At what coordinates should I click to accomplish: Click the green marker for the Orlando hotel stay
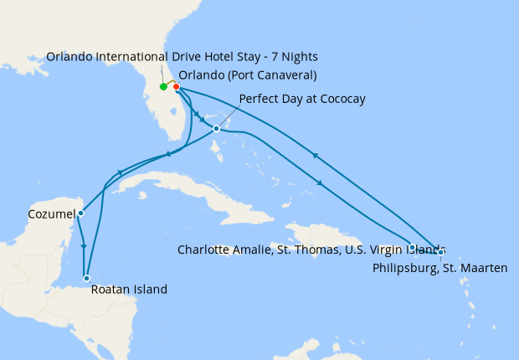(163, 86)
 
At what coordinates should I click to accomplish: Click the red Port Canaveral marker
(176, 86)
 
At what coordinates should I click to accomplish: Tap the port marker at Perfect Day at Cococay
(217, 128)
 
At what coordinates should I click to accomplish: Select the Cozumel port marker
(80, 213)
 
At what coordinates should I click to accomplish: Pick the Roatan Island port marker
(86, 278)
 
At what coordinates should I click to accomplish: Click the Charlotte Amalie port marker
(413, 247)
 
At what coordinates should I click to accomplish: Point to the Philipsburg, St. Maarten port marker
(441, 251)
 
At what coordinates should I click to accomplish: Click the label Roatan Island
(130, 290)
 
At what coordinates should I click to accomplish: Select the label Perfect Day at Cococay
(302, 99)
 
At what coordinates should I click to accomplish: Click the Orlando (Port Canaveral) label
(248, 75)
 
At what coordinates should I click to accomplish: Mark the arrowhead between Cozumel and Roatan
(84, 246)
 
